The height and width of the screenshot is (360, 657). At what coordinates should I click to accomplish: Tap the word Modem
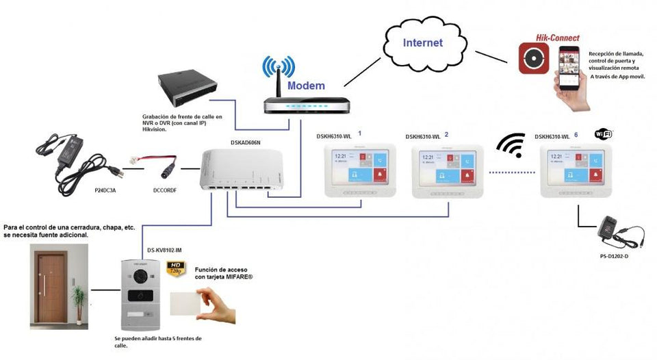point(306,86)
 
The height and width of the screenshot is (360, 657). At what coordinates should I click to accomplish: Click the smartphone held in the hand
point(569,68)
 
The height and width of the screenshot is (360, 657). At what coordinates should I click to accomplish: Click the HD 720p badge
point(177,268)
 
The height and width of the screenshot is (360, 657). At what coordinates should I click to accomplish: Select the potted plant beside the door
point(80,300)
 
